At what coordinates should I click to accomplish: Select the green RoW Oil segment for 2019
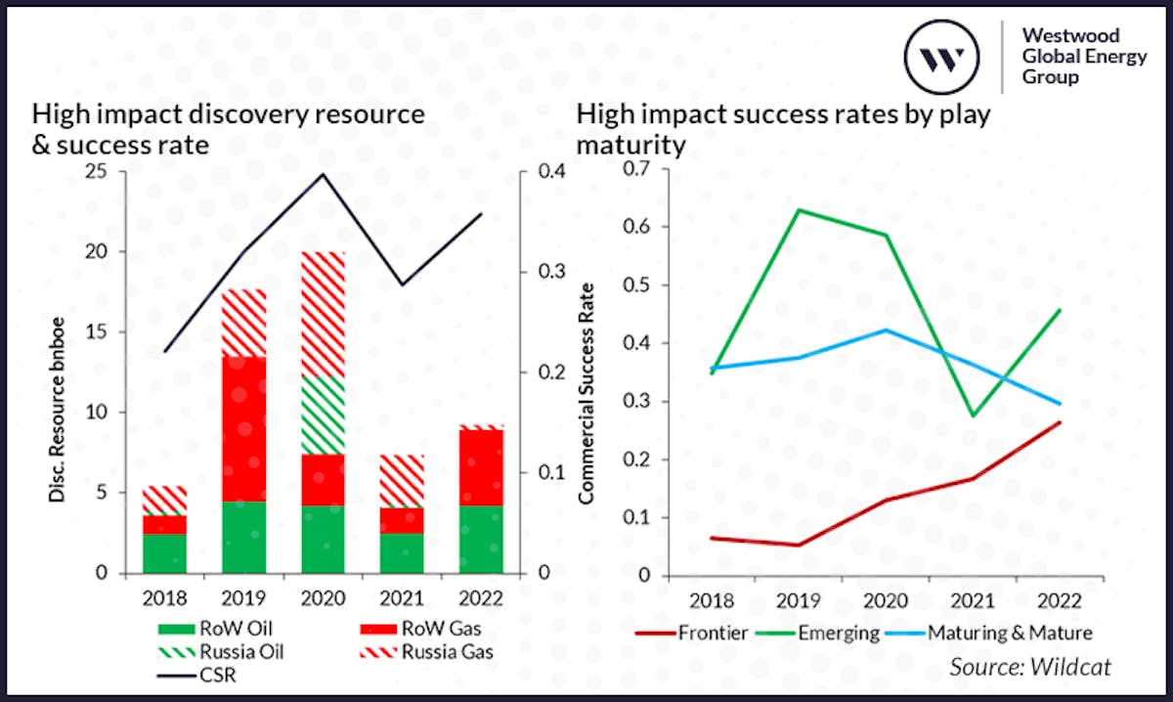(x=244, y=537)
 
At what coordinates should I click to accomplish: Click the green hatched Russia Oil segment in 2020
(x=324, y=416)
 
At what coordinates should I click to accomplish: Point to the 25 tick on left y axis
(x=101, y=172)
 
